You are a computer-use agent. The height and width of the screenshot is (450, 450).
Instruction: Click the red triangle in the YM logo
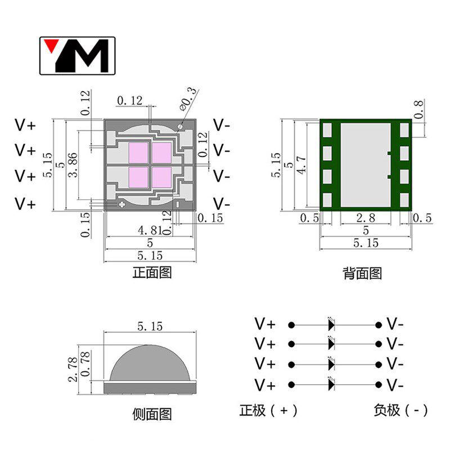(51, 44)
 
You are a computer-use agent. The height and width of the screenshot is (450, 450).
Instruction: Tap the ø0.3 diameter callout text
(188, 100)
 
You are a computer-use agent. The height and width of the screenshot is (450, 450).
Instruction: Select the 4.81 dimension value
(150, 230)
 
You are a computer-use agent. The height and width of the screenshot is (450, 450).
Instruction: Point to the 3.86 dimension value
(73, 165)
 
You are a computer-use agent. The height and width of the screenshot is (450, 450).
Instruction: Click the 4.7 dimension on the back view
(301, 165)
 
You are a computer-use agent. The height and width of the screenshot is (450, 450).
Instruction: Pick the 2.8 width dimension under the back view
(366, 218)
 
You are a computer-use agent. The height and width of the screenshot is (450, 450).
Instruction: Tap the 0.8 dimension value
(418, 109)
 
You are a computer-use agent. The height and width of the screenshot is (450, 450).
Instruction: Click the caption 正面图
(152, 272)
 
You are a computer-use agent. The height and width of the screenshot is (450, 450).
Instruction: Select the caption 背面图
(362, 273)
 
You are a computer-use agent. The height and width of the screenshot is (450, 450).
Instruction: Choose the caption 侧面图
(152, 414)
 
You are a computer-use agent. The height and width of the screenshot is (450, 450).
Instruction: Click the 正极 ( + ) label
(268, 411)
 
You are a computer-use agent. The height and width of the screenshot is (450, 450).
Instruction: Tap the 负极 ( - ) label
(400, 411)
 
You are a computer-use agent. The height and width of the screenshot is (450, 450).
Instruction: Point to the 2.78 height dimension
(73, 370)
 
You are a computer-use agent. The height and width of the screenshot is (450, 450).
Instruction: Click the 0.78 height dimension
(85, 364)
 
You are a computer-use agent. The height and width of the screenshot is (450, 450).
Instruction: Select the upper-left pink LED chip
(138, 153)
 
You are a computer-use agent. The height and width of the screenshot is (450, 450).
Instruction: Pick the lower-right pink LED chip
(161, 177)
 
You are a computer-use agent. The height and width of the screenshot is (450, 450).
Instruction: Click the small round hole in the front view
(181, 126)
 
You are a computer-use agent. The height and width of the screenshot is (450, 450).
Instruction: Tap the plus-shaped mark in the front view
(121, 204)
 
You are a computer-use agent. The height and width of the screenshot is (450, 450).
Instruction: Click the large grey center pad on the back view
(366, 165)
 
